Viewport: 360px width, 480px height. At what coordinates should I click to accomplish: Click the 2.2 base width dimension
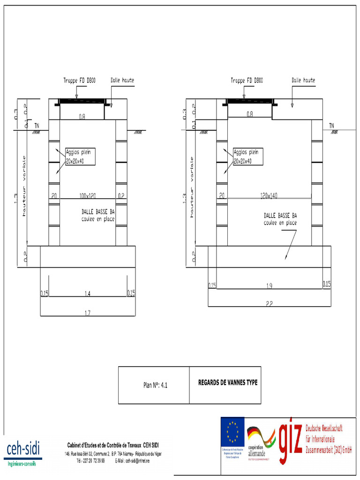(270, 304)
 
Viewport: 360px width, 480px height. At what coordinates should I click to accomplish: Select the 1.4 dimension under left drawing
(88, 293)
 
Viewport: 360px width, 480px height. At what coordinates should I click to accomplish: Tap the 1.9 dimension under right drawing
(270, 285)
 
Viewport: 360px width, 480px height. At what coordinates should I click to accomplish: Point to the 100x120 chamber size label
(87, 195)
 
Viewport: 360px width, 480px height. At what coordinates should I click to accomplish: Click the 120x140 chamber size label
(268, 195)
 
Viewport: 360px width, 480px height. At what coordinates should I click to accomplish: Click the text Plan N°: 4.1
(155, 385)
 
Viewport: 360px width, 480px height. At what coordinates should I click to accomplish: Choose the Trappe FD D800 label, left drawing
(80, 80)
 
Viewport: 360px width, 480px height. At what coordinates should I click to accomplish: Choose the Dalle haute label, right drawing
(303, 80)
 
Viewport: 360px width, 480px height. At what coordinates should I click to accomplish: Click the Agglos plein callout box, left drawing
(80, 157)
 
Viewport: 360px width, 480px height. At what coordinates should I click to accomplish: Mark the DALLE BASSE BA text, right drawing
(280, 216)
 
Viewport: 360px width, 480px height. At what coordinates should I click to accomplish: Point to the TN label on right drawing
(331, 125)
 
